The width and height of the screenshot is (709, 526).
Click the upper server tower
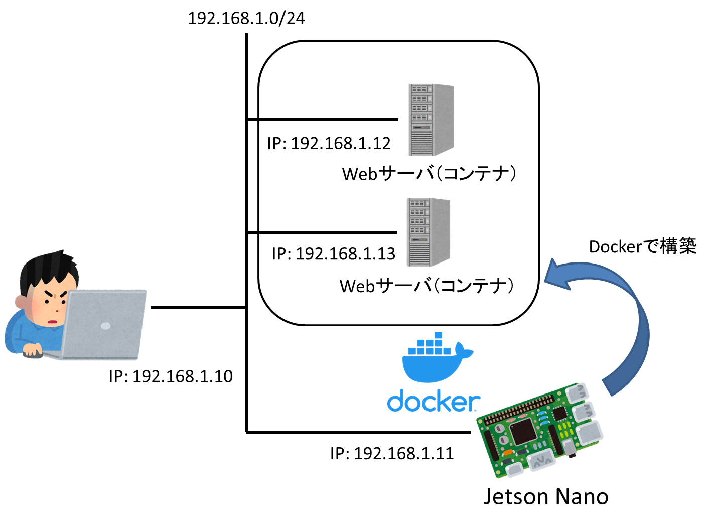coord(431,119)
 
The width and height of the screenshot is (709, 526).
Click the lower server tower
coord(428,232)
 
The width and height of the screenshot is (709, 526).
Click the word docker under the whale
coord(433,402)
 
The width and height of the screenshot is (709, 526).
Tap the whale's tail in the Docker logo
coord(465,351)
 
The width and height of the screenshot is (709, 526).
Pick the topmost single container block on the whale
coord(438,335)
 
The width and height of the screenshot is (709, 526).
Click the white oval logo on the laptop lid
coord(105,326)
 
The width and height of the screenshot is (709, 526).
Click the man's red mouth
coord(53,321)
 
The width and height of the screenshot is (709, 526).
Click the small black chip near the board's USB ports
coord(559,414)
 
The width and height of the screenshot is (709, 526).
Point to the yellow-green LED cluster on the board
coord(565,430)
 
